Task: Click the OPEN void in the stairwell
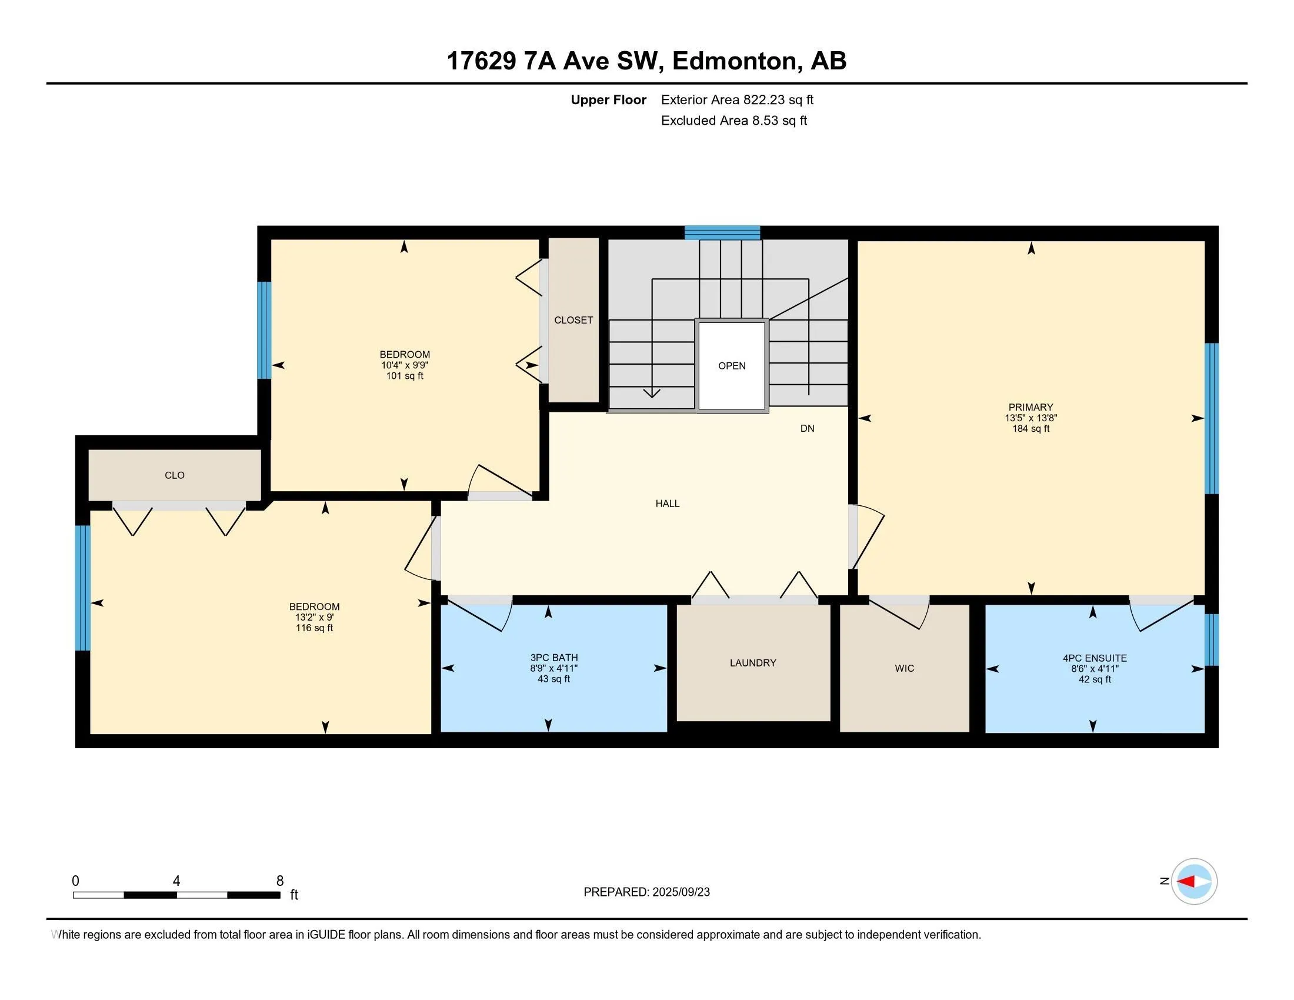click(x=732, y=366)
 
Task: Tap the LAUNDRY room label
click(x=752, y=663)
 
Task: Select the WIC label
click(x=904, y=668)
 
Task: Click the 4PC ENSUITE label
click(x=1095, y=658)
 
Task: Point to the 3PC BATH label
click(x=554, y=658)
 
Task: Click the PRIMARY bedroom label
click(x=1030, y=407)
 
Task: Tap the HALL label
click(x=667, y=504)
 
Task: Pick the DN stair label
click(x=807, y=428)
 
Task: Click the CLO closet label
click(x=174, y=475)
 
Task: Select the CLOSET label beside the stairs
click(x=573, y=320)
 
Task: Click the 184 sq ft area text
click(x=1030, y=429)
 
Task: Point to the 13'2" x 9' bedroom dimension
click(x=314, y=617)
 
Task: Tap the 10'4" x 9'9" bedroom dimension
click(x=405, y=365)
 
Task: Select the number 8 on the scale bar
click(x=279, y=881)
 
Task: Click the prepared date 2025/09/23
click(x=680, y=892)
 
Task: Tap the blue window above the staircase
click(x=722, y=233)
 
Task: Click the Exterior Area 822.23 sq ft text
click(x=737, y=100)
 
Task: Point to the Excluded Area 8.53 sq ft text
click(x=734, y=121)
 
